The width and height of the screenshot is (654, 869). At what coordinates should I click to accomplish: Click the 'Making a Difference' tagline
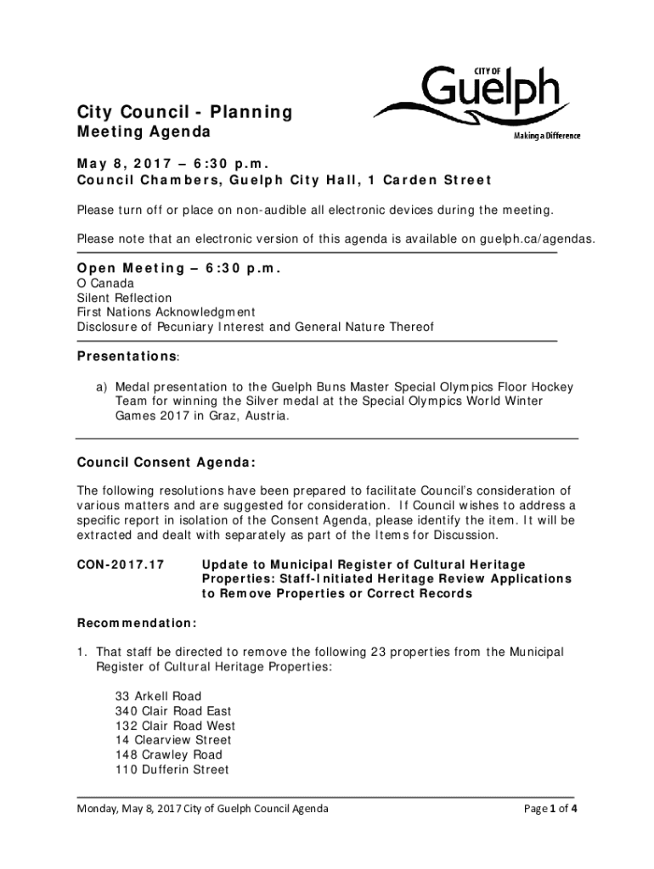coord(545,137)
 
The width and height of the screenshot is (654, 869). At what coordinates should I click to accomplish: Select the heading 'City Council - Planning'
coord(184,112)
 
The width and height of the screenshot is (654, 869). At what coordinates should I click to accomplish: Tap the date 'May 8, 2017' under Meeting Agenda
coord(126,164)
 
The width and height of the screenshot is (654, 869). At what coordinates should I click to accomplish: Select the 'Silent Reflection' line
coord(124,298)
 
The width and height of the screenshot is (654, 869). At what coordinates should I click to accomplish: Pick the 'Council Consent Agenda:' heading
coord(166,463)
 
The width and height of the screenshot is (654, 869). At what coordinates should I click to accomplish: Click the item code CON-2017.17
coord(121,564)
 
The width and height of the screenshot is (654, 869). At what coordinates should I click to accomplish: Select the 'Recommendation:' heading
coord(137,623)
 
